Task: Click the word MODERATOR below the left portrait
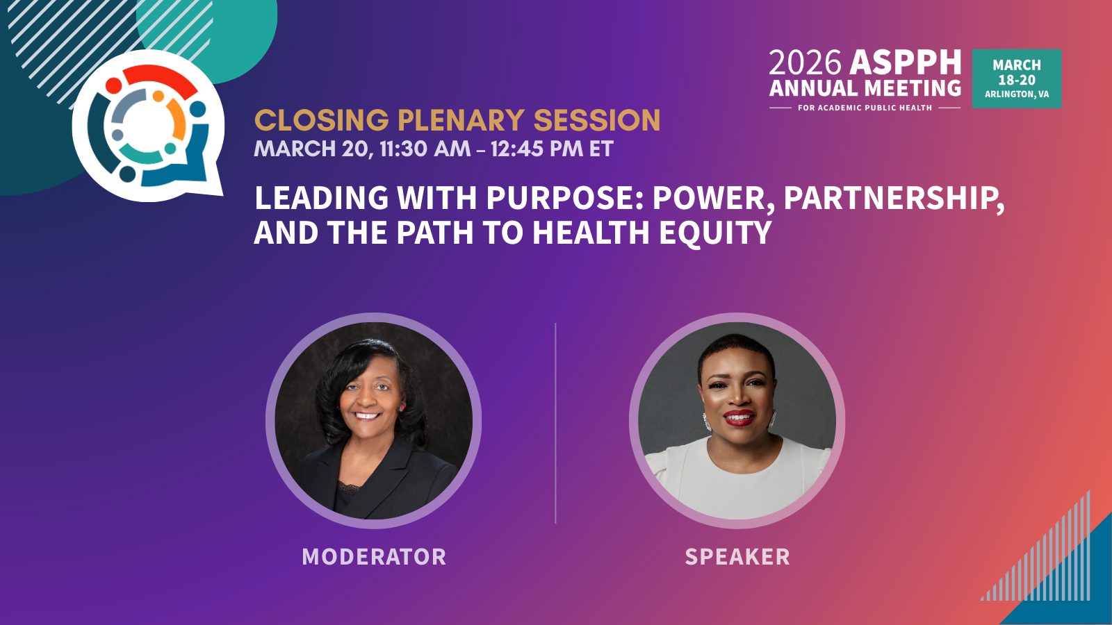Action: [374, 557]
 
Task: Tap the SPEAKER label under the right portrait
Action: [737, 557]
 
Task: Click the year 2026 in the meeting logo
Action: [804, 63]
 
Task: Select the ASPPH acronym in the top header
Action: [906, 63]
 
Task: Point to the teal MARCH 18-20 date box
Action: [1017, 78]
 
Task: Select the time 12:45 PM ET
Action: [552, 149]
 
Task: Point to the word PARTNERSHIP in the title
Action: [893, 198]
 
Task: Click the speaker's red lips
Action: [739, 418]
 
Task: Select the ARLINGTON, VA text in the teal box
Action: [1017, 94]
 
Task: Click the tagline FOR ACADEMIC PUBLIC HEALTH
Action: [865, 108]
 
